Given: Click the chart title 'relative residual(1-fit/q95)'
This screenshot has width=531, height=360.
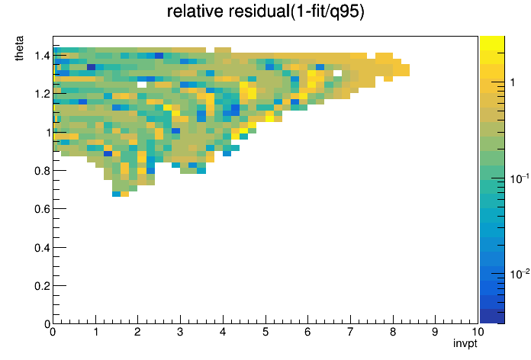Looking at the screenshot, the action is [265, 11].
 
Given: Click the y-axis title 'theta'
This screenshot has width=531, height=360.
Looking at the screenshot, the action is [19, 48].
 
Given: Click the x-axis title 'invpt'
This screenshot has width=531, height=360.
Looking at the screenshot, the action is [465, 343].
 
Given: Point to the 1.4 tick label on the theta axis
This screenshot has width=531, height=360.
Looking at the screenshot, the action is [42, 55].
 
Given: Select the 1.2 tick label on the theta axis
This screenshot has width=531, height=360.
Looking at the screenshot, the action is [42, 94].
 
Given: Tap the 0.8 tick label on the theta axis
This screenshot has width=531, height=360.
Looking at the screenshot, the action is [42, 171].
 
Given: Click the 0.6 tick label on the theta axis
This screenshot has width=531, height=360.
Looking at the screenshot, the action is [42, 209].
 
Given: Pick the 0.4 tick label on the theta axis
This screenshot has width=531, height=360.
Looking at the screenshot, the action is [42, 248].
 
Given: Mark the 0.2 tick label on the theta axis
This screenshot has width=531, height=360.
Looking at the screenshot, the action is [42, 286].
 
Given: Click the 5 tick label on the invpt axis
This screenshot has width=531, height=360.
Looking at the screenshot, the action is [265, 332].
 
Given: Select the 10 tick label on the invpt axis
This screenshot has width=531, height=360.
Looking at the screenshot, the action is [478, 332].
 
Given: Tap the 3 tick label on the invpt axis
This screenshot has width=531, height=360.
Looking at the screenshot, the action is [180, 332].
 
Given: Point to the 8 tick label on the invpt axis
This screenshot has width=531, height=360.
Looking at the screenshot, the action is [392, 332].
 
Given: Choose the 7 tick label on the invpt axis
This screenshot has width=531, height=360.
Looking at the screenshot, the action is [350, 332].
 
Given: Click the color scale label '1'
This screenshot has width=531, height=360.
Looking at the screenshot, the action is [513, 82].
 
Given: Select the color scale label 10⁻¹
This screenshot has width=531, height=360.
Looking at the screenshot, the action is [520, 178].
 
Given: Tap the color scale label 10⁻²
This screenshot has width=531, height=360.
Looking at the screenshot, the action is [520, 273].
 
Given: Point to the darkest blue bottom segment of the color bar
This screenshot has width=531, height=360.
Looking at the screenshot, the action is [492, 317].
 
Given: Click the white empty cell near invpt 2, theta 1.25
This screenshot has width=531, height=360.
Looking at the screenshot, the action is [142, 85].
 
